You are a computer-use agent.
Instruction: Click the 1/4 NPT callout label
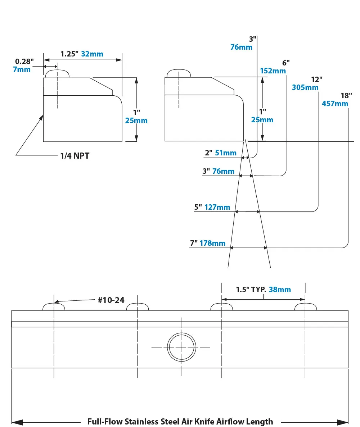coord(75,156)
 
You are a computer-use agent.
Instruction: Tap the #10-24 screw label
coord(111,300)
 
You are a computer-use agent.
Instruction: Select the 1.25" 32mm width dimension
coord(82,54)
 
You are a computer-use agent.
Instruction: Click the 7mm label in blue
coord(22,69)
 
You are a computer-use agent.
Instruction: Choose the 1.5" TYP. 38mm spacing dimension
coord(263,290)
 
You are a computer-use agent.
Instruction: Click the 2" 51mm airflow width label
coord(221,153)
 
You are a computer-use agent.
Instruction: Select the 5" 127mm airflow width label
coord(212,207)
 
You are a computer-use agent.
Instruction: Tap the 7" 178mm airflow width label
coord(208,243)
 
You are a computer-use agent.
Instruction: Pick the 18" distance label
coord(346,96)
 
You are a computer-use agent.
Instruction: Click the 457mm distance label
coord(335,104)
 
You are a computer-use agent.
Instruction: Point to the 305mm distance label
coord(305,87)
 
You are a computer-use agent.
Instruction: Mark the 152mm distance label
coord(273,71)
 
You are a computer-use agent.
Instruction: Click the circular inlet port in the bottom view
coord(182,347)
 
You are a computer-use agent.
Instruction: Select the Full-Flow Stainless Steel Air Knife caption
coord(180,422)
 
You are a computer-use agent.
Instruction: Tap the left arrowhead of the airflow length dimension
coord(17,422)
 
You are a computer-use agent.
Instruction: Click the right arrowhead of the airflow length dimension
coord(343,422)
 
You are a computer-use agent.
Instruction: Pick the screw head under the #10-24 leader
coord(54,307)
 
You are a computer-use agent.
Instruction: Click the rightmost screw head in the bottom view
coord(305,307)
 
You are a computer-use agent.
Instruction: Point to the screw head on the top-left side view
coord(57,74)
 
